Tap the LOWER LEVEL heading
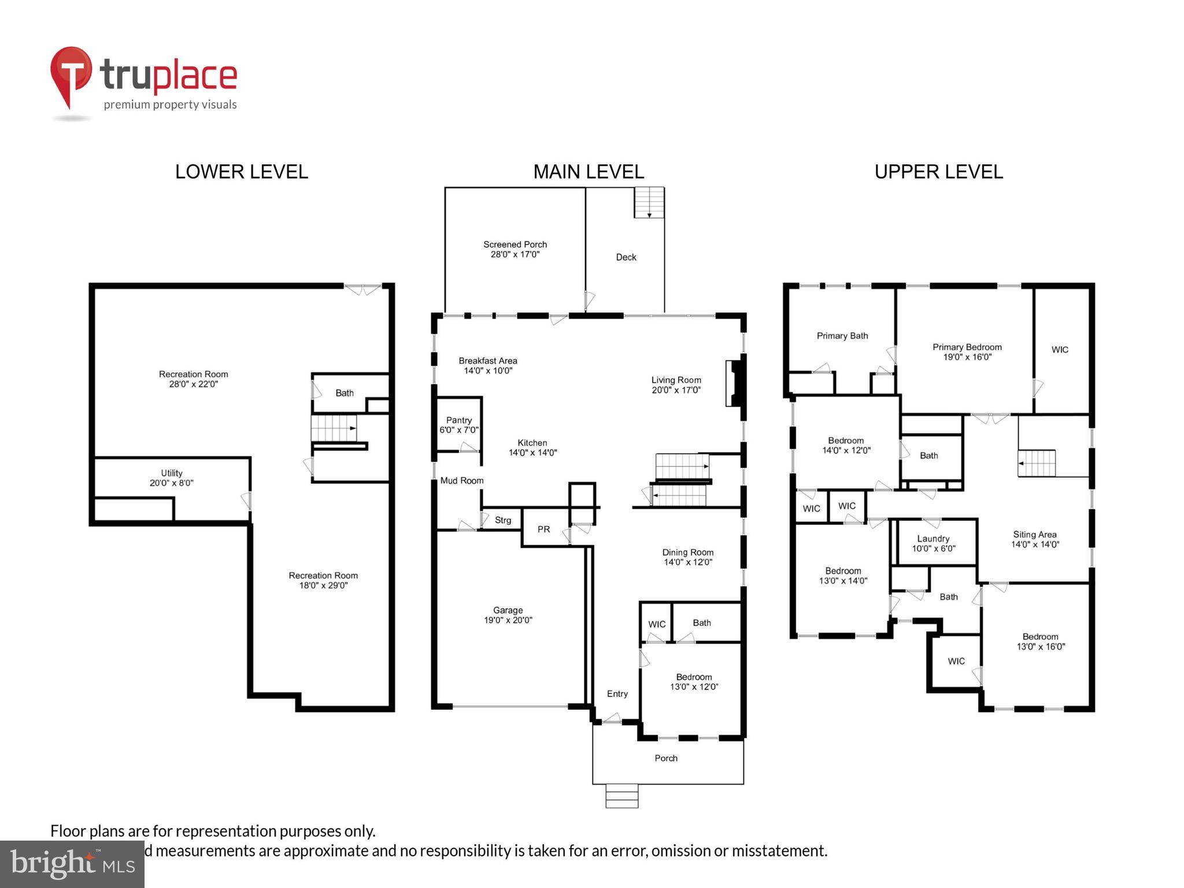pyautogui.click(x=241, y=172)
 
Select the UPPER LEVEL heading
pyautogui.click(x=938, y=172)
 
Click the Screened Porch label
pyautogui.click(x=515, y=245)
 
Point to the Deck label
pyautogui.click(x=626, y=257)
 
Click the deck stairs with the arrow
pyautogui.click(x=649, y=202)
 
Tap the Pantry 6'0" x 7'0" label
pyautogui.click(x=459, y=425)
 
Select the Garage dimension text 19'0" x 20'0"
pyautogui.click(x=508, y=620)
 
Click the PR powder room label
pyautogui.click(x=543, y=529)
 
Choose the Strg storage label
pyautogui.click(x=502, y=520)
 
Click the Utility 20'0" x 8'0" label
pyautogui.click(x=171, y=478)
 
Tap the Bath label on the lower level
pyautogui.click(x=344, y=393)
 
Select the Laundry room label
pyautogui.click(x=933, y=538)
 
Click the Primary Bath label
pyautogui.click(x=842, y=336)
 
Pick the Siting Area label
pyautogui.click(x=1034, y=535)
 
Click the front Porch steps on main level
pyautogui.click(x=621, y=795)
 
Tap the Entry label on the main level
pyautogui.click(x=617, y=694)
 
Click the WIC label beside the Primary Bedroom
pyautogui.click(x=1059, y=350)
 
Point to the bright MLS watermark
pyautogui.click(x=72, y=864)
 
